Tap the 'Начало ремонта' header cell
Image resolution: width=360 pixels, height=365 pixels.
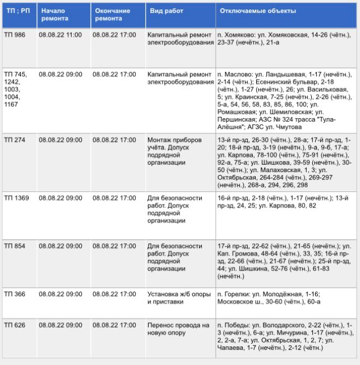(x=55, y=15)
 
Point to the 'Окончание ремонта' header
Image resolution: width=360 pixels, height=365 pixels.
(x=113, y=15)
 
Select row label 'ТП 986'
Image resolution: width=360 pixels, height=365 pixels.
(x=15, y=35)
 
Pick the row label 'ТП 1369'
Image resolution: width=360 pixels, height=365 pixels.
(x=17, y=198)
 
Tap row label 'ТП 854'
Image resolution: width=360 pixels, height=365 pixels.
(x=15, y=246)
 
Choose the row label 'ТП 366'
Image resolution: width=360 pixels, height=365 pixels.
(x=15, y=293)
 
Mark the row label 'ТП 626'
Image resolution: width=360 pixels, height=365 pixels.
(x=15, y=325)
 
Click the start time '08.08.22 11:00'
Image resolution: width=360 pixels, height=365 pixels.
(x=61, y=35)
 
